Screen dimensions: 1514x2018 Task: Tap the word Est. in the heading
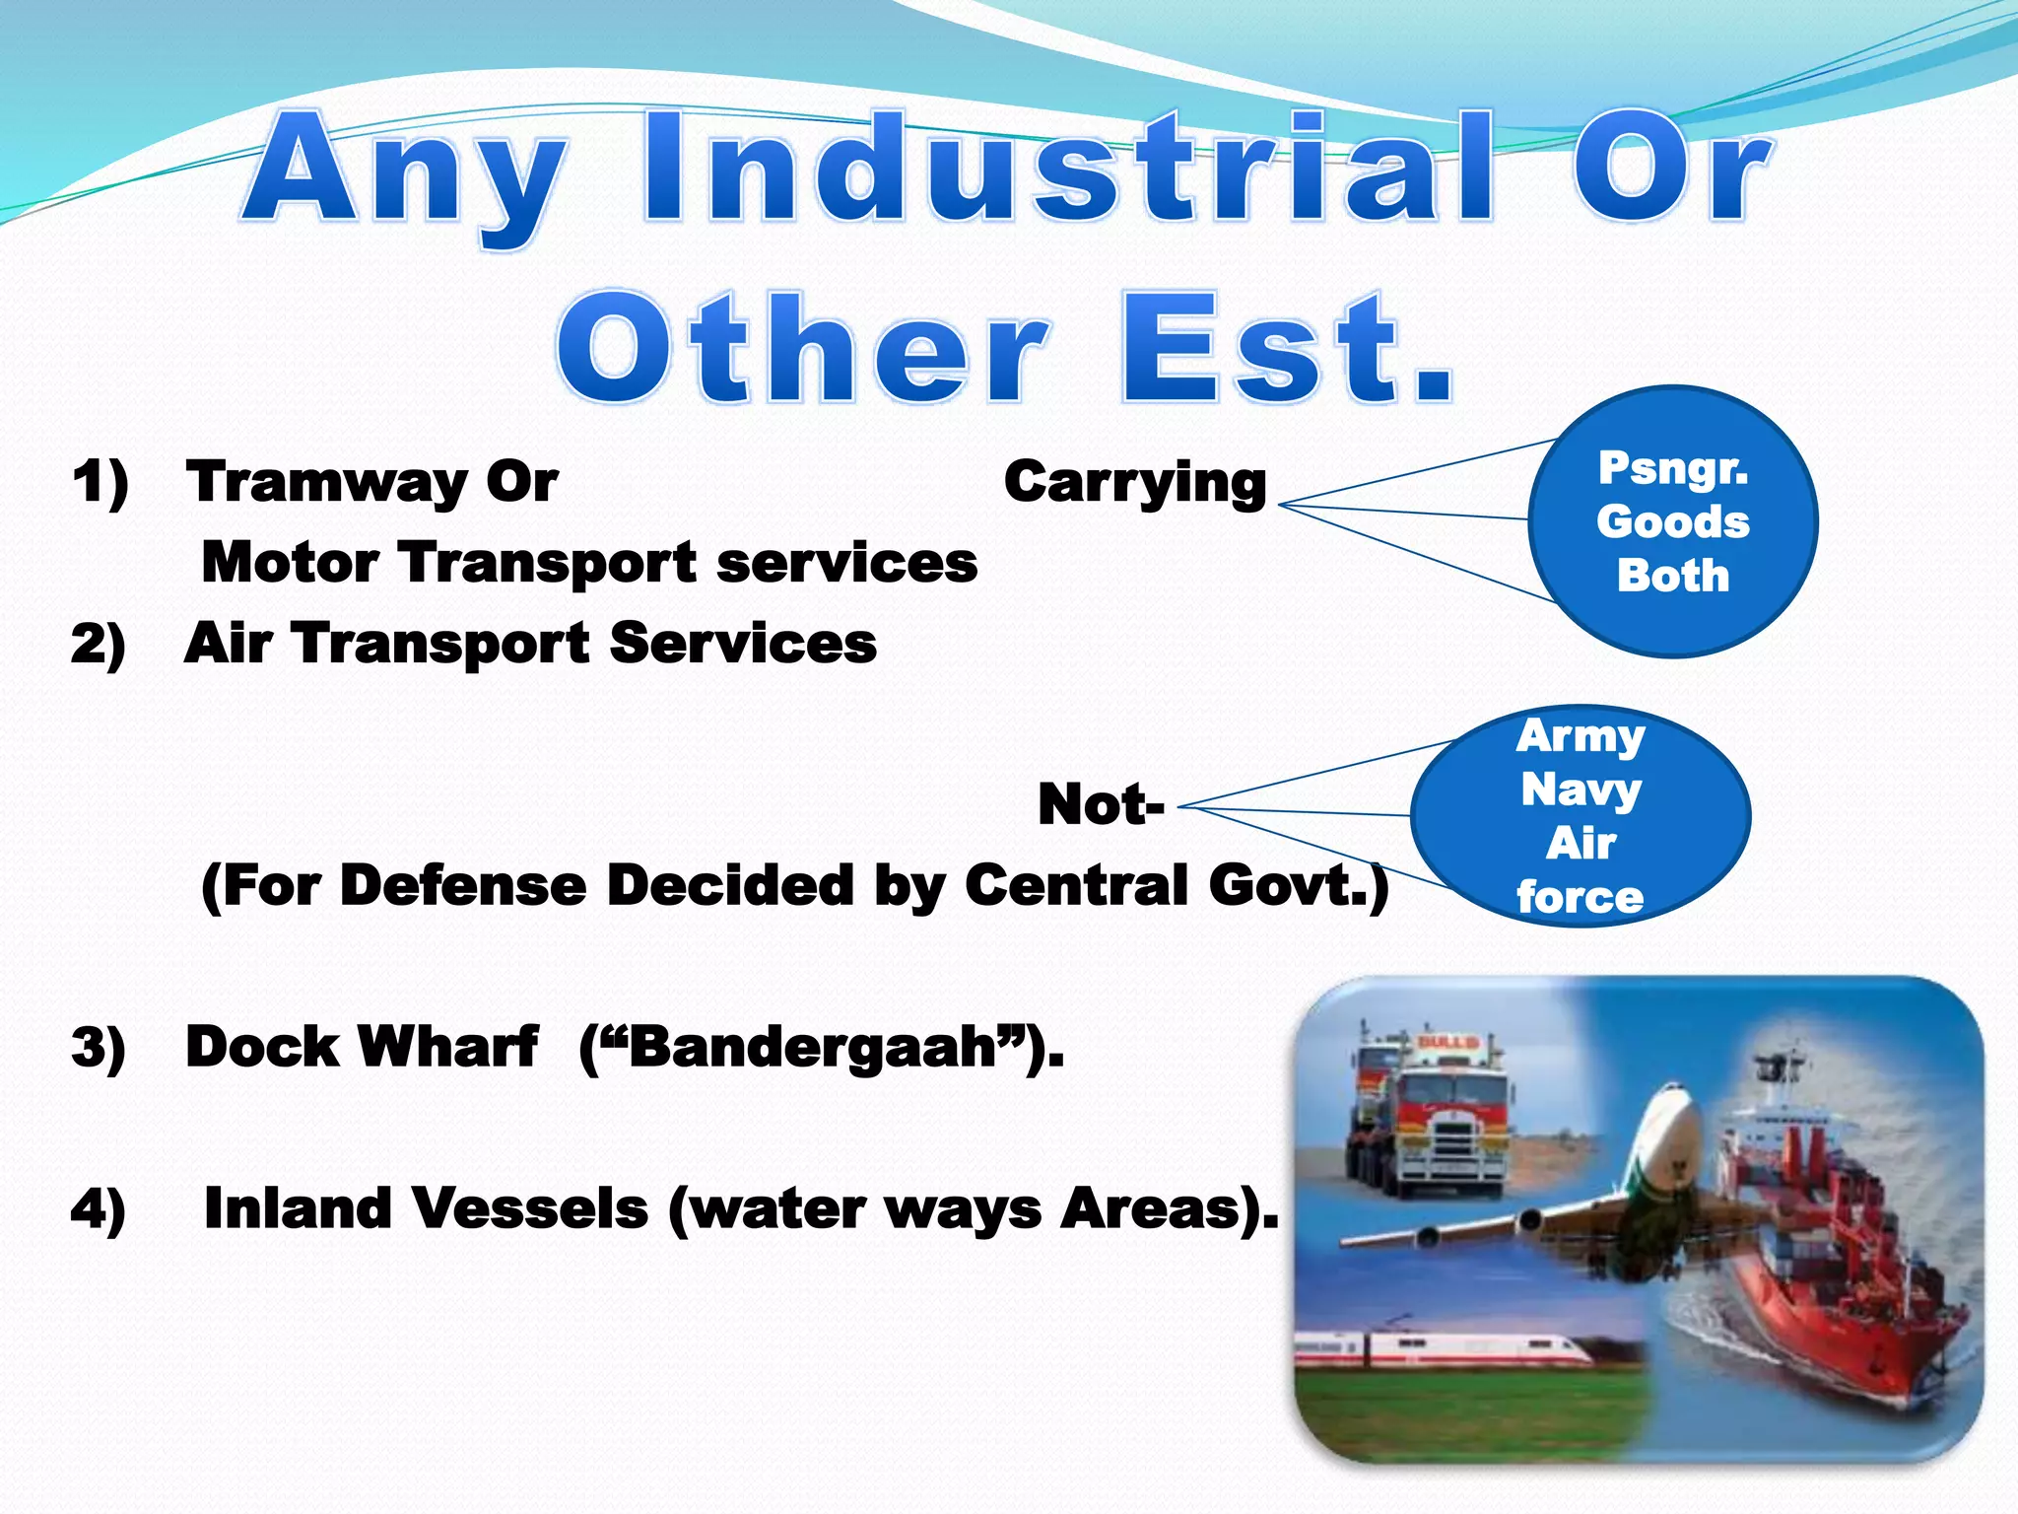tap(1288, 350)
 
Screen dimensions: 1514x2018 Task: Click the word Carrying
tap(1135, 483)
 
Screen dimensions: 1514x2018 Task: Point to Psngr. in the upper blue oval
tap(1673, 467)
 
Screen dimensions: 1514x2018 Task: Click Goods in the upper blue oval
tap(1673, 521)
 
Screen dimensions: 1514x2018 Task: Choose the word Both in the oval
tap(1673, 576)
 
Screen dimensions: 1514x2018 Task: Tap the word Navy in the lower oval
tap(1581, 790)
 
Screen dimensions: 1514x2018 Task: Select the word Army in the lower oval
tap(1581, 735)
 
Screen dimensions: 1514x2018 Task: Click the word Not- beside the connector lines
tap(1101, 804)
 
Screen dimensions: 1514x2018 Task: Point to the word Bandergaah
tap(813, 1047)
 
